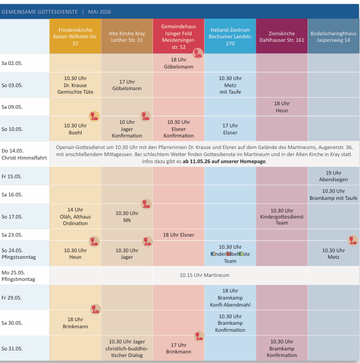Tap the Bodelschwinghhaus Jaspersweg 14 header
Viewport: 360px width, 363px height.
[x=333, y=37]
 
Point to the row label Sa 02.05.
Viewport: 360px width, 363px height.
[x=12, y=63]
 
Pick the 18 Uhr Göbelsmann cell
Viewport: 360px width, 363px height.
[x=179, y=62]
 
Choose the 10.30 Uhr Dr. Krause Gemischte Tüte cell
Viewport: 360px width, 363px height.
[x=75, y=85]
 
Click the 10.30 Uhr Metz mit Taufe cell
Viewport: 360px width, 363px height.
[x=230, y=85]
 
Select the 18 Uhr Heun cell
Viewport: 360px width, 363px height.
[x=281, y=107]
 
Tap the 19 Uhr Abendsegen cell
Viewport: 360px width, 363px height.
[x=333, y=176]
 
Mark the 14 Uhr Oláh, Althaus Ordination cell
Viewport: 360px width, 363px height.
[x=75, y=216]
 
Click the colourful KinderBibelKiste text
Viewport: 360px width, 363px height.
[x=230, y=254]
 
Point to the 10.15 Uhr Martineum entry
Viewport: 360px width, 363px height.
[x=204, y=275]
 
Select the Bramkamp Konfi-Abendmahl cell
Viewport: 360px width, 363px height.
[x=230, y=298]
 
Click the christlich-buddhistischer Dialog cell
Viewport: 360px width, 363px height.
[x=127, y=348]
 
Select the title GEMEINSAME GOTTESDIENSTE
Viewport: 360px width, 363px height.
[x=40, y=11]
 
